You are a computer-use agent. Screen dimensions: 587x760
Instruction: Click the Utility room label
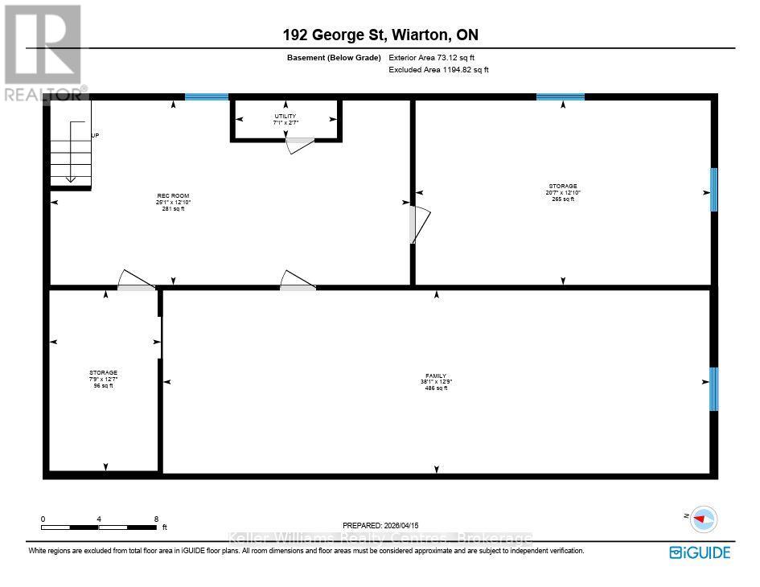[286, 120]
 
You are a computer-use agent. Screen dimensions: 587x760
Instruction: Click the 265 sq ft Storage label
[562, 192]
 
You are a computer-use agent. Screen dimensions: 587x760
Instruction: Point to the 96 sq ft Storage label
[103, 379]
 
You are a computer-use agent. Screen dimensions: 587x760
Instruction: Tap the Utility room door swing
[300, 144]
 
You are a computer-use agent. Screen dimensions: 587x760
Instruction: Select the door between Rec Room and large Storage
[419, 224]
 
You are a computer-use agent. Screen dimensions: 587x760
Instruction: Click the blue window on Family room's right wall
[713, 388]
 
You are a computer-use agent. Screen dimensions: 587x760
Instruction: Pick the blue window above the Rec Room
[207, 97]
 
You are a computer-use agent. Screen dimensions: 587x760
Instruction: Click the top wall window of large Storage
[561, 97]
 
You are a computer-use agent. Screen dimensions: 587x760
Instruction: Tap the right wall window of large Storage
[713, 190]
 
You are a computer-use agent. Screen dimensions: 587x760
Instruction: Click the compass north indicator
[704, 519]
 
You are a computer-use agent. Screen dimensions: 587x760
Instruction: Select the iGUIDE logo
[700, 552]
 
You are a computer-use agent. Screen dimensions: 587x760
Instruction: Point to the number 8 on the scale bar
[156, 519]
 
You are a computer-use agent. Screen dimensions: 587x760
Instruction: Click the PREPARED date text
[381, 524]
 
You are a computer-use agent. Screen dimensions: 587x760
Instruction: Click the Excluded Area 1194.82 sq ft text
[438, 70]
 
